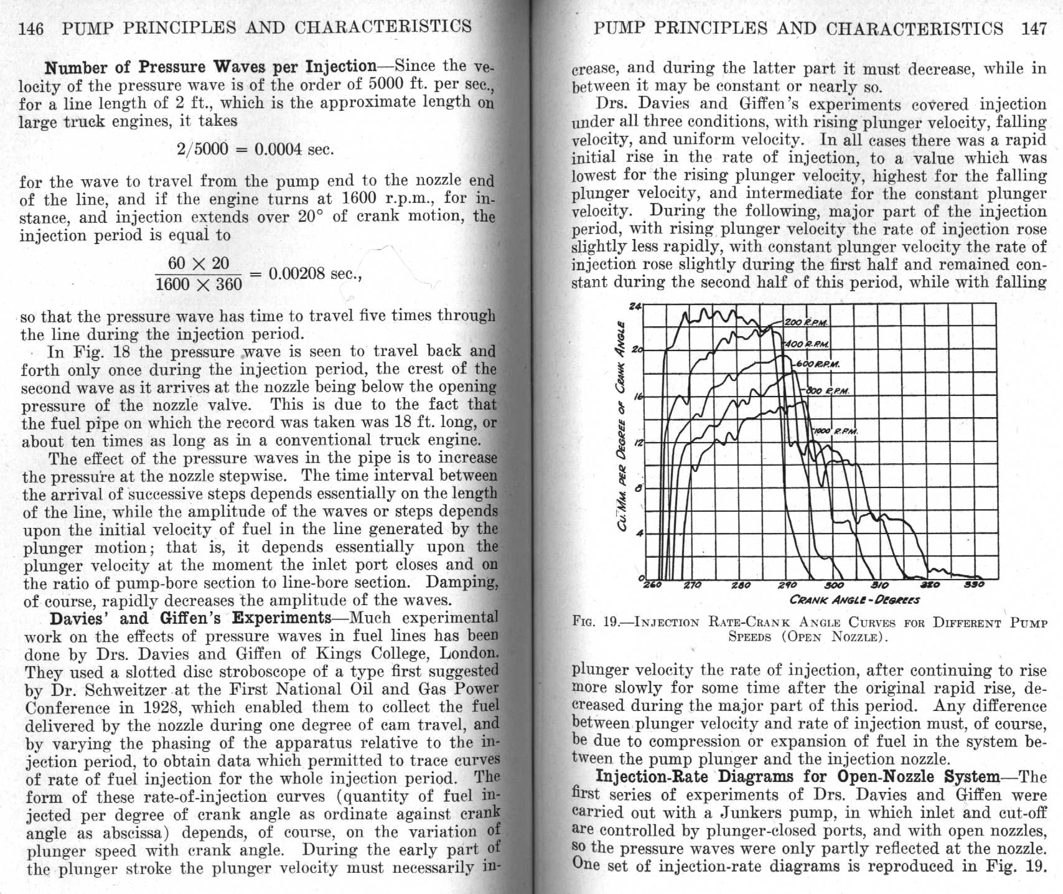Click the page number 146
[32, 28]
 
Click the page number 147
[1034, 29]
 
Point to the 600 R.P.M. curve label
[820, 364]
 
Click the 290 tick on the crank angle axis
[787, 585]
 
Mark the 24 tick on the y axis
[635, 306]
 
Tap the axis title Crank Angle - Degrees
[854, 600]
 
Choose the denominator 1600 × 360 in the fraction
[198, 285]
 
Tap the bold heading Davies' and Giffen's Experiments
[190, 618]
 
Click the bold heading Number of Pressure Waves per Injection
[211, 67]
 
